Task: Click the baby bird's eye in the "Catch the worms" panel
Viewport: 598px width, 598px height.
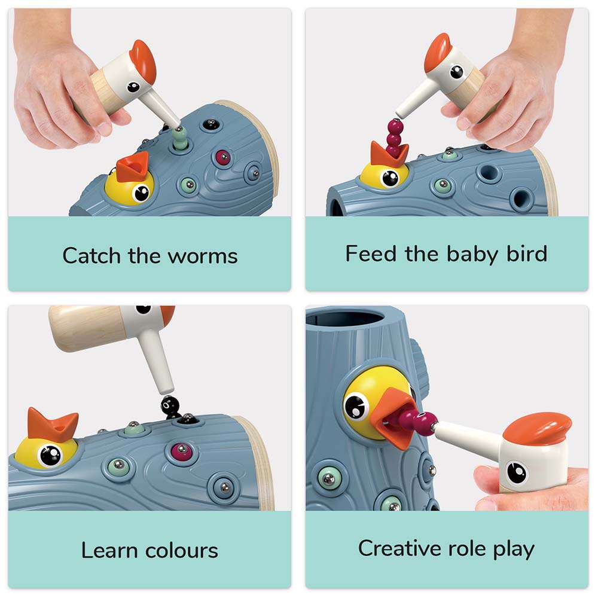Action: (x=142, y=193)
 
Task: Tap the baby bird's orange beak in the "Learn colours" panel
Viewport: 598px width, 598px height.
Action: (x=52, y=425)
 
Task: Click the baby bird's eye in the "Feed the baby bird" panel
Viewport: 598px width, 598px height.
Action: (x=390, y=178)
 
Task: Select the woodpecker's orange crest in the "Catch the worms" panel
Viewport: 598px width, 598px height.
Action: (x=144, y=60)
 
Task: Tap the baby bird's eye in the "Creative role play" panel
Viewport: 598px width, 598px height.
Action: (x=358, y=407)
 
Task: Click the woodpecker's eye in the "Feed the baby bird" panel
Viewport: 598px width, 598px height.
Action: (x=456, y=72)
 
